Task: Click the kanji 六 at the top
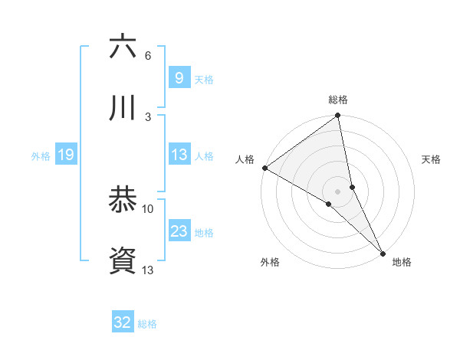pyautogui.click(x=123, y=47)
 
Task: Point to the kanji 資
pyautogui.click(x=123, y=260)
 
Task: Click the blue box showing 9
pyautogui.click(x=179, y=77)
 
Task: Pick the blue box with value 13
pyautogui.click(x=179, y=155)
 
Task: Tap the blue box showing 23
pyautogui.click(x=179, y=231)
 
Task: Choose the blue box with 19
pyautogui.click(x=65, y=155)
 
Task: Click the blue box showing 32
pyautogui.click(x=123, y=322)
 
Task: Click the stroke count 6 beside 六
pyautogui.click(x=147, y=56)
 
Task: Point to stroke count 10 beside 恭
pyautogui.click(x=148, y=208)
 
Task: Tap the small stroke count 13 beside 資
pyautogui.click(x=148, y=269)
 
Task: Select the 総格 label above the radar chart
pyautogui.click(x=338, y=100)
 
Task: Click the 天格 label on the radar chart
pyautogui.click(x=432, y=159)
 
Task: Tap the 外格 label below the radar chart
pyautogui.click(x=270, y=262)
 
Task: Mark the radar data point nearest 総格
pyautogui.click(x=338, y=117)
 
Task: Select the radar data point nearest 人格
pyautogui.click(x=264, y=168)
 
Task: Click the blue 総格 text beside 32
pyautogui.click(x=147, y=323)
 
